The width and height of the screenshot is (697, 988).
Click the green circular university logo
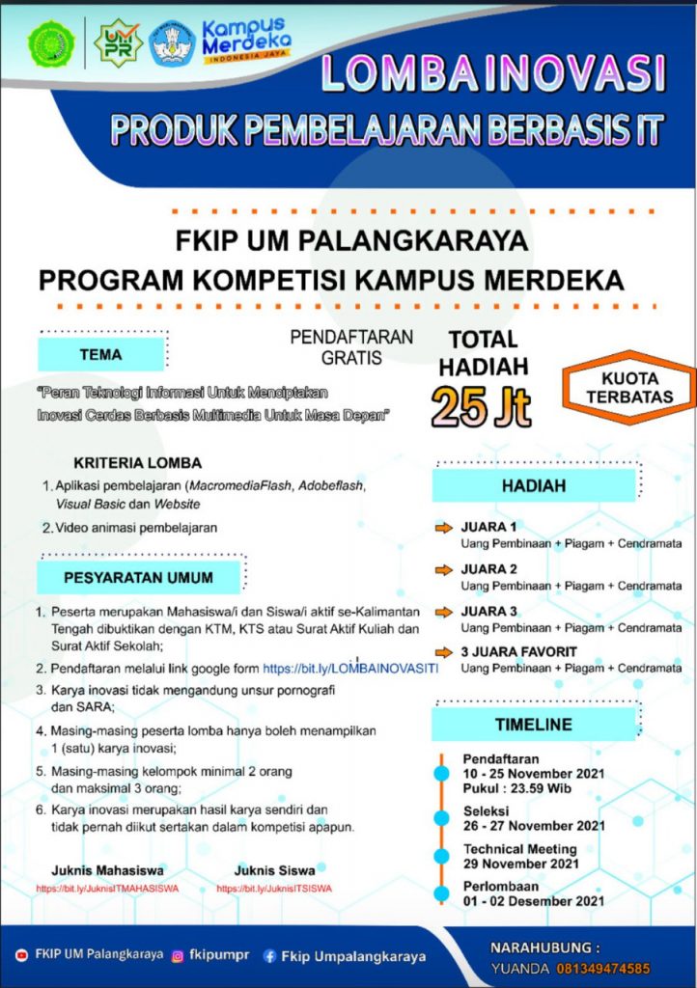(51, 44)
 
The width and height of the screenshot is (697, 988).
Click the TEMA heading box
(101, 354)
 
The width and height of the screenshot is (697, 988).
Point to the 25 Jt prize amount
(481, 408)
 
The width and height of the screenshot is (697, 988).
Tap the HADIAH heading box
(533, 487)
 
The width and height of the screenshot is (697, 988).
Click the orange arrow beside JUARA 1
(443, 528)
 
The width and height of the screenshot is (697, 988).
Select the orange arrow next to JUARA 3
(443, 611)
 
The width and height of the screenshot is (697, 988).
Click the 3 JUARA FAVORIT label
(518, 651)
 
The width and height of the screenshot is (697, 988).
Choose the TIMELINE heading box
(533, 724)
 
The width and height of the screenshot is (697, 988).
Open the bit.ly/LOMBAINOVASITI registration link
(350, 668)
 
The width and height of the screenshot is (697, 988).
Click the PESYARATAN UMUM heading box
(138, 577)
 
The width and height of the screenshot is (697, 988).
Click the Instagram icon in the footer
(178, 956)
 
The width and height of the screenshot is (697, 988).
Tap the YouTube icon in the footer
(22, 955)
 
